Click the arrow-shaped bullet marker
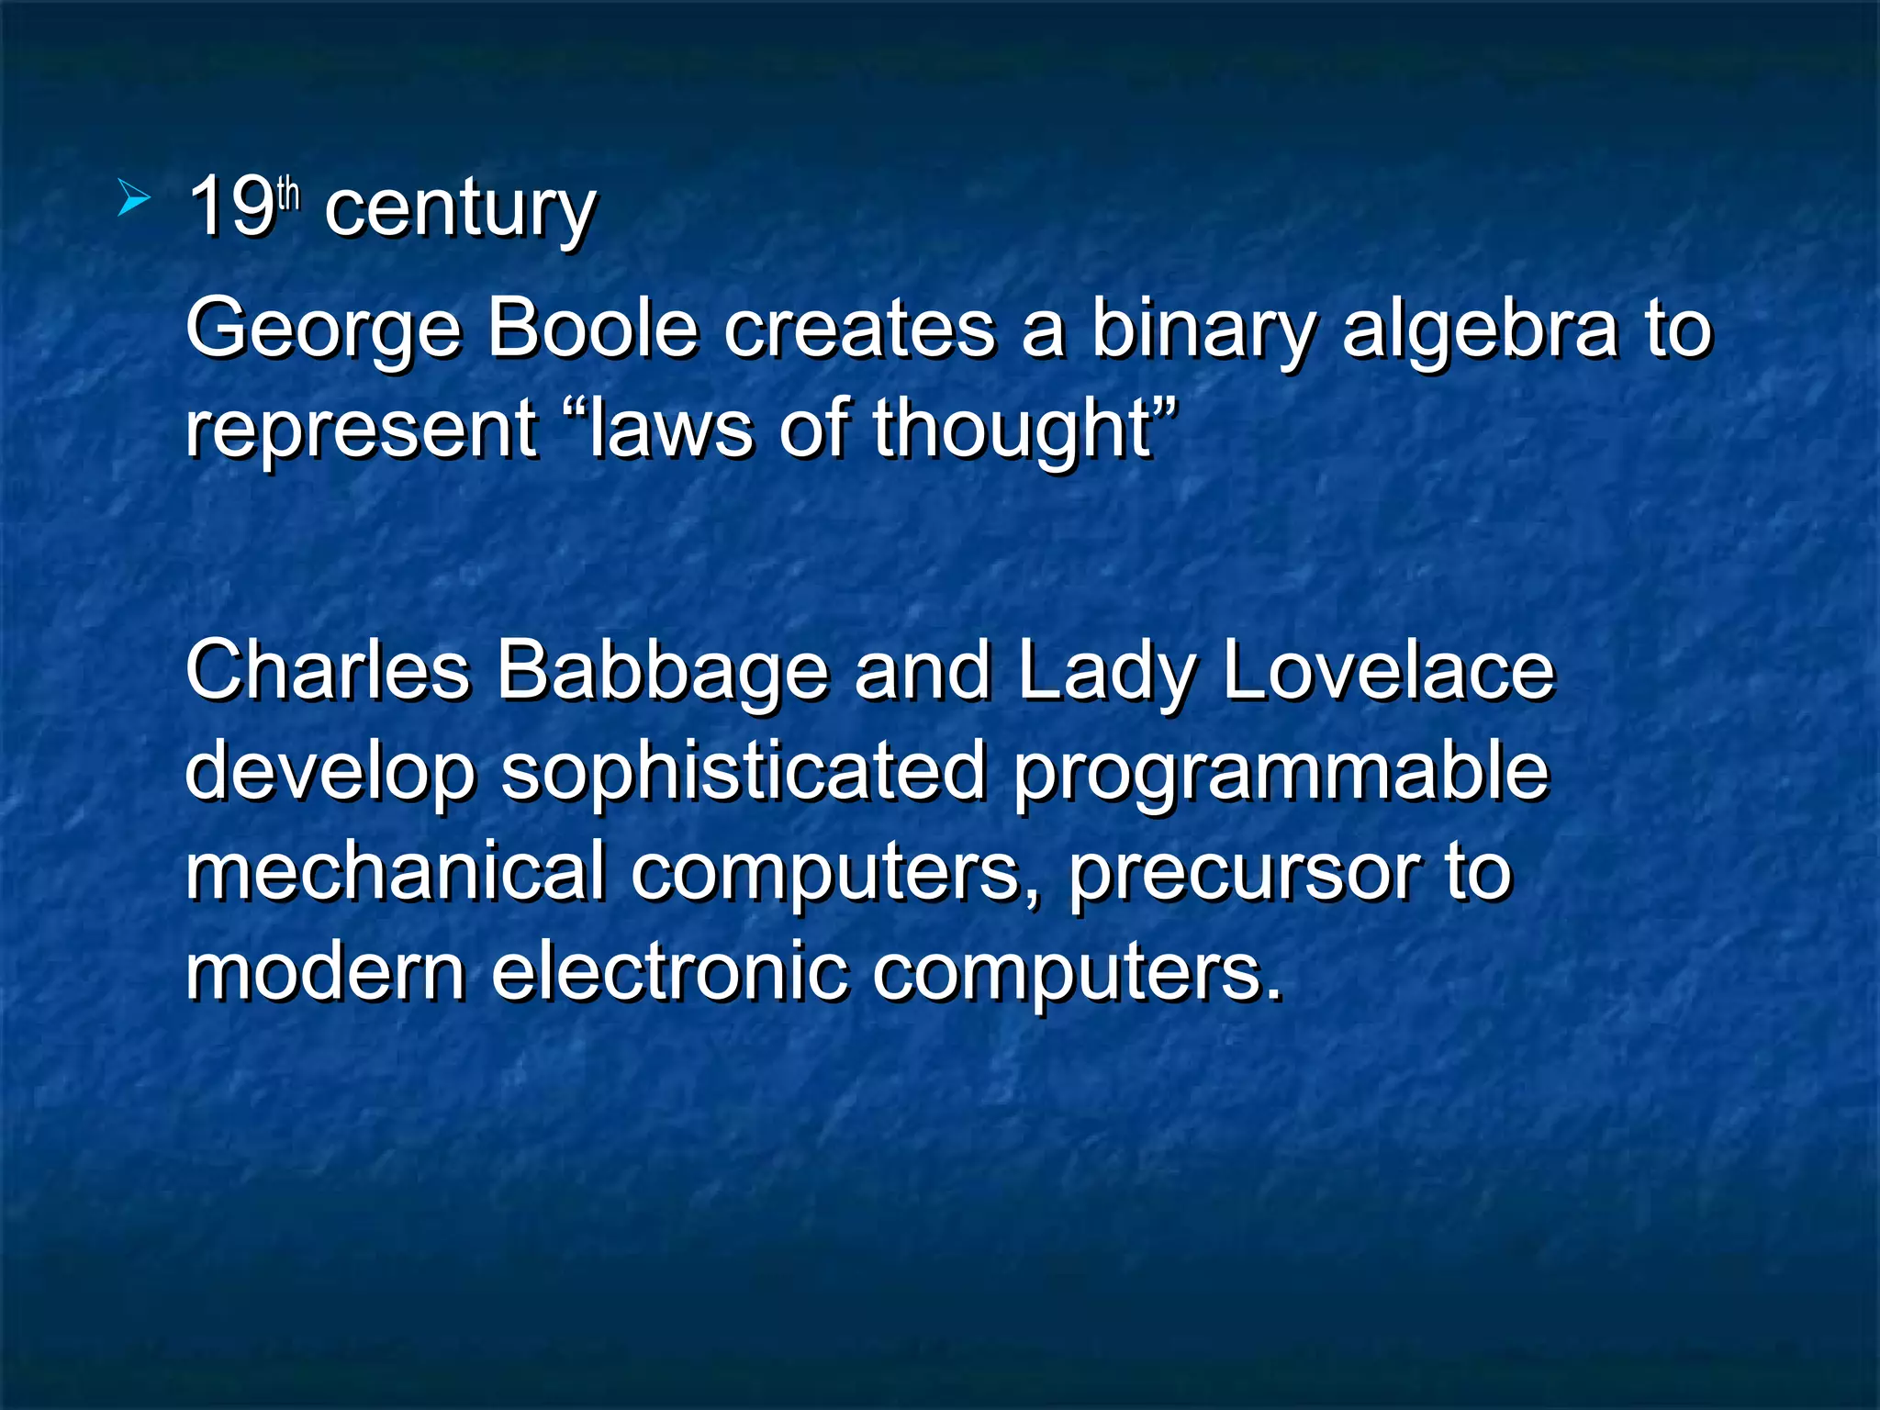[134, 198]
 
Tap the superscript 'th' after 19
[288, 194]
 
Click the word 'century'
[460, 209]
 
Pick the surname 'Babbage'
[662, 673]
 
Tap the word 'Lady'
[1106, 673]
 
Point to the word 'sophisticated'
[744, 773]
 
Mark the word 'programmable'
[1281, 773]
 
